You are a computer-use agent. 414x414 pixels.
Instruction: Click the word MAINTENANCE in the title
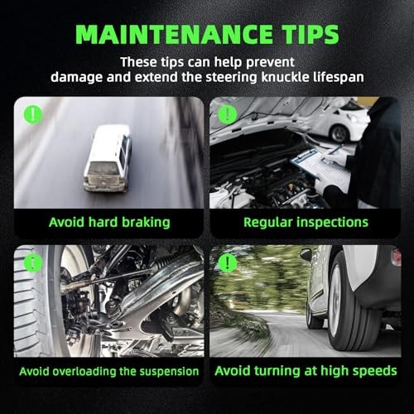tap(174, 34)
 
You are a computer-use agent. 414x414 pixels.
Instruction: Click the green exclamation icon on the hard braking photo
tap(33, 114)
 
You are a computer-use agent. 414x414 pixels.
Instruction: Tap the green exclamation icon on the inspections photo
tap(228, 114)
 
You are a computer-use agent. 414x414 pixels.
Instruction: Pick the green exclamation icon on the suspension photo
tap(33, 263)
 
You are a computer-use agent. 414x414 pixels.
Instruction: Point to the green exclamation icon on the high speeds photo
tap(228, 263)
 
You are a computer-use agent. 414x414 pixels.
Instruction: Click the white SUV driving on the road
tap(108, 158)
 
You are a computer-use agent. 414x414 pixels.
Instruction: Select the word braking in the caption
tap(146, 223)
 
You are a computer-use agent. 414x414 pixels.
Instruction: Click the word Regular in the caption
tap(267, 223)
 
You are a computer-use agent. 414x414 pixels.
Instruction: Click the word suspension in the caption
tap(169, 372)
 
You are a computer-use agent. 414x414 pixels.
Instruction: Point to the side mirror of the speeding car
tap(306, 254)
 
